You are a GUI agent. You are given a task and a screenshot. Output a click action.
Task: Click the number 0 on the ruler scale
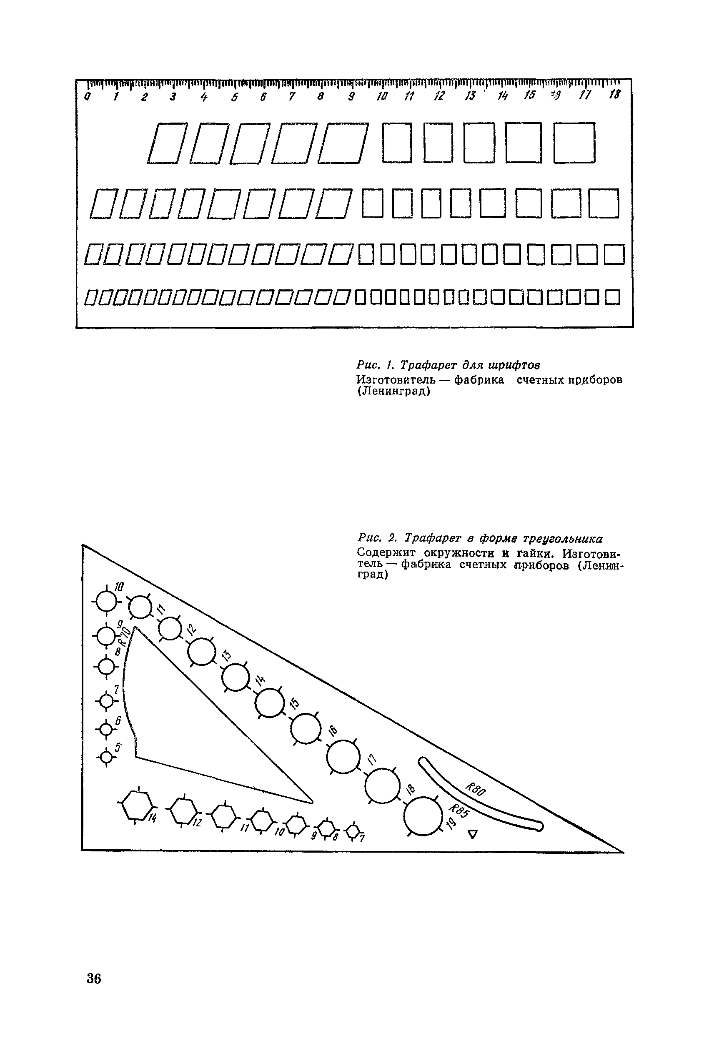coord(87,97)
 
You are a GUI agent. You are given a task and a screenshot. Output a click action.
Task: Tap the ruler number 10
coord(382,96)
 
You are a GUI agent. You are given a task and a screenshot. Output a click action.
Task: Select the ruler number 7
coord(292,96)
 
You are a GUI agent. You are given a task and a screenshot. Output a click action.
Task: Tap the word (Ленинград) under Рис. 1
coord(393,391)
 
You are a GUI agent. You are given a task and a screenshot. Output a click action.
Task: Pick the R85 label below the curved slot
coord(459,812)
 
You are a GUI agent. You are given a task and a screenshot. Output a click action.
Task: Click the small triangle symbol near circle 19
coord(473,834)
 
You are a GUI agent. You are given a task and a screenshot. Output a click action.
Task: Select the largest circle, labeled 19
coord(423,818)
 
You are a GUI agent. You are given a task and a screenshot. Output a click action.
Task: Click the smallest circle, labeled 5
coord(106,755)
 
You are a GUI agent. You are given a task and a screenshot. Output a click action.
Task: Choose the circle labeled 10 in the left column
coord(106,601)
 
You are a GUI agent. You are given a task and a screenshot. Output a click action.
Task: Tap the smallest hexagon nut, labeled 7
coord(353,831)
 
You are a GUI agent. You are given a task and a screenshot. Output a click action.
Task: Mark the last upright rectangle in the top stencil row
coord(574,143)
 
